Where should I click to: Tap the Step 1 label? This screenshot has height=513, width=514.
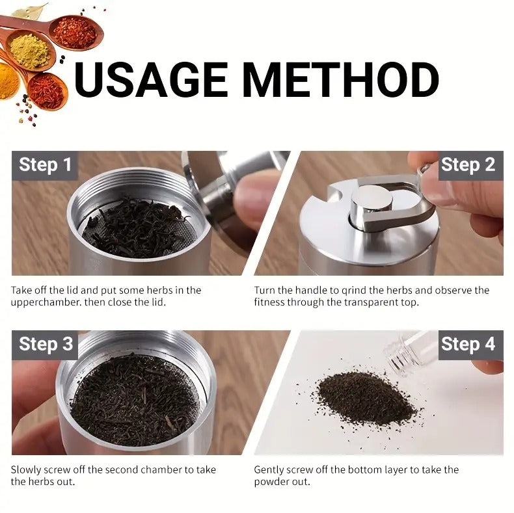[45, 165]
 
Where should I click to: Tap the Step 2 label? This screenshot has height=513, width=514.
[468, 165]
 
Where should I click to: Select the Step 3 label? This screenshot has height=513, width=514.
[45, 344]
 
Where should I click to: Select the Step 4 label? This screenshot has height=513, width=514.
[468, 344]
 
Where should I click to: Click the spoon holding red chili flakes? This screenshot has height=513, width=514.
[75, 31]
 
